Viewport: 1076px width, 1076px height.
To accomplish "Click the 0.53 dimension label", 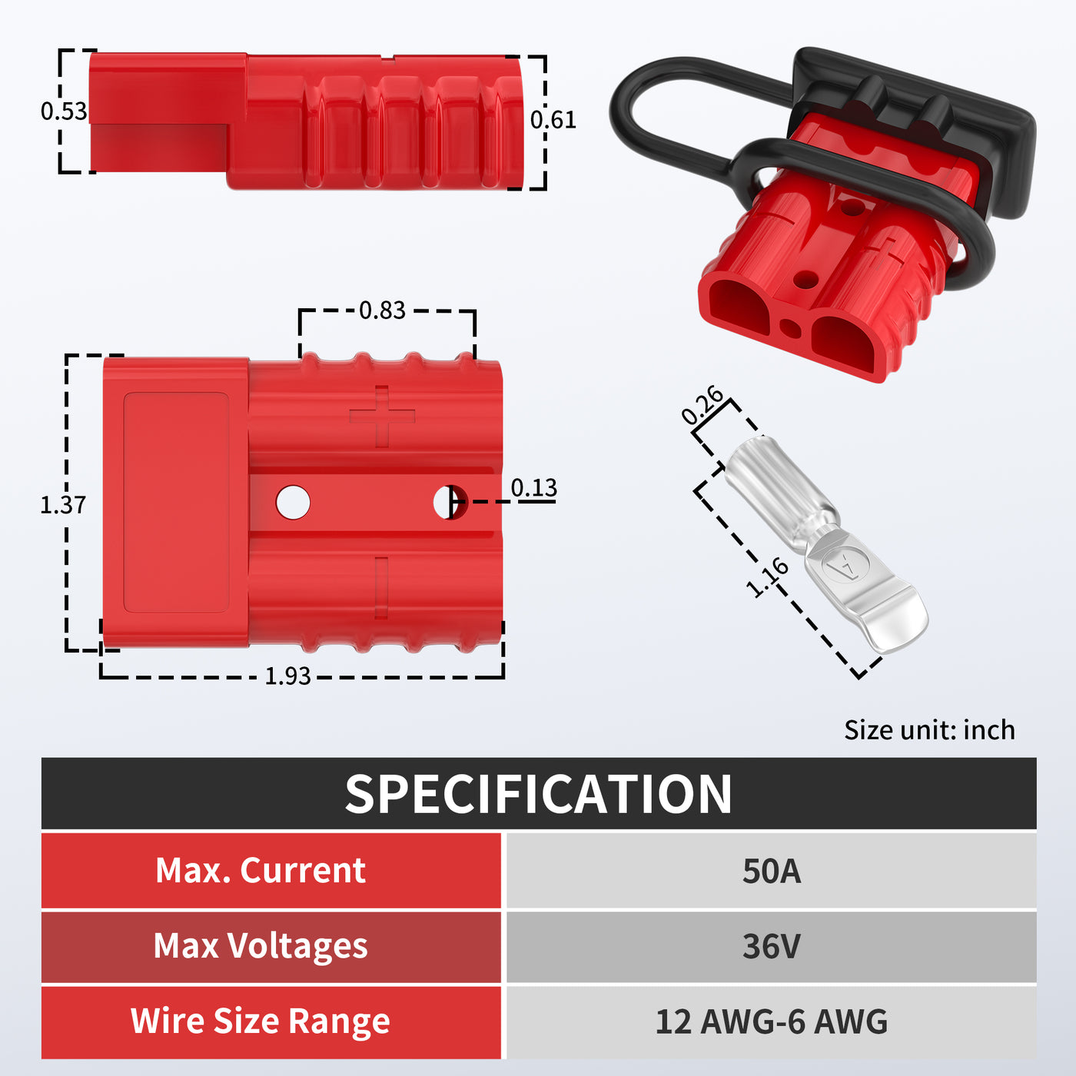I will [64, 111].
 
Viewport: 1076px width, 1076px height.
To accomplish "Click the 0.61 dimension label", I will [553, 120].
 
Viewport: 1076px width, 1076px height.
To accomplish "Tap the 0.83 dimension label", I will [382, 311].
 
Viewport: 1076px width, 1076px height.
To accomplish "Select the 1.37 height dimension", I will [62, 505].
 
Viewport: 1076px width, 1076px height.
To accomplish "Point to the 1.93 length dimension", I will [287, 676].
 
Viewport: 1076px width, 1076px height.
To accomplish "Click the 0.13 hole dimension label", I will [533, 488].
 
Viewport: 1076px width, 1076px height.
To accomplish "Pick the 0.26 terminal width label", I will [702, 405].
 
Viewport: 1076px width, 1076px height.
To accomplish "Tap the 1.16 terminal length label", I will [767, 577].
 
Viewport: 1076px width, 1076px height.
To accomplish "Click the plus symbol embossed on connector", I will [382, 417].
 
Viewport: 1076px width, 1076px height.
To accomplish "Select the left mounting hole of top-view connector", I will [293, 503].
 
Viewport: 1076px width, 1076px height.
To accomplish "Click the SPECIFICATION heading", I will [538, 794].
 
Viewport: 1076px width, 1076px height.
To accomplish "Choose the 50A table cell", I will [771, 872].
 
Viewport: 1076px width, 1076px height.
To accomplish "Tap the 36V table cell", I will [771, 946].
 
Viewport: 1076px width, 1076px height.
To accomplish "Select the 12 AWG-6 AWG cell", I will [771, 1021].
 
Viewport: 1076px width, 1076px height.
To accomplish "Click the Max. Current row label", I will [261, 871].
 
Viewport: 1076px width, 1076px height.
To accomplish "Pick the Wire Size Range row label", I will [261, 1021].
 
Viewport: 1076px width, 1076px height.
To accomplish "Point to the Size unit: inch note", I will [928, 730].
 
